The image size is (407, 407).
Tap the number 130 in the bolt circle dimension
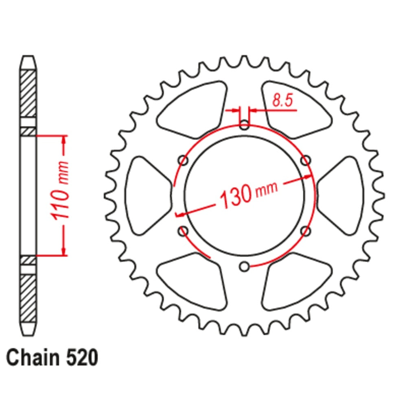[x=235, y=197]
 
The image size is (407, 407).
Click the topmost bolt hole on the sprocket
[x=244, y=125]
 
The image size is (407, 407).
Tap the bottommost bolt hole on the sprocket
[x=244, y=267]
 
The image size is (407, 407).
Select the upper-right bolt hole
[x=305, y=161]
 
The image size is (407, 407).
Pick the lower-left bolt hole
[x=183, y=231]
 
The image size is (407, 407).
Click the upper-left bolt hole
[x=183, y=161]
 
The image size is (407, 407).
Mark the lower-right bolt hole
[x=305, y=231]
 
